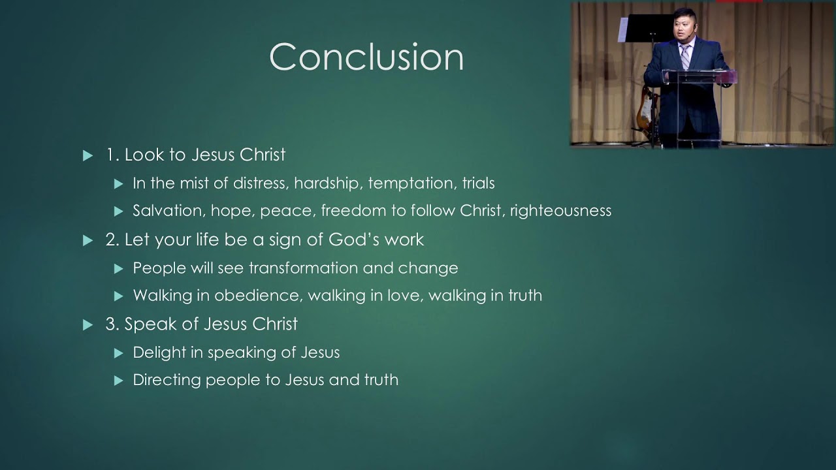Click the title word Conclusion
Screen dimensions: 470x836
click(x=366, y=57)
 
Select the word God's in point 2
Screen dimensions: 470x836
click(x=354, y=240)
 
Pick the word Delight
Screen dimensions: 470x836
click(x=157, y=352)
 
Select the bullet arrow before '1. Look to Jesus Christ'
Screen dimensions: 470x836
click(x=88, y=156)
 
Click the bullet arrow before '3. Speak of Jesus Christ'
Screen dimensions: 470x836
click(x=88, y=325)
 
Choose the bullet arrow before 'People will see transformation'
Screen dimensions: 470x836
click(x=118, y=268)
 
